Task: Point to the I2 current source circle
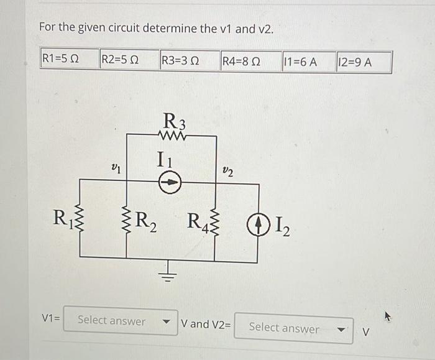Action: pyautogui.click(x=257, y=222)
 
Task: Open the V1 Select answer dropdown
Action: pyautogui.click(x=121, y=321)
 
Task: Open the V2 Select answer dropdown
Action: pyautogui.click(x=294, y=327)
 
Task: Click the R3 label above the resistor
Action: pyautogui.click(x=171, y=118)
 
